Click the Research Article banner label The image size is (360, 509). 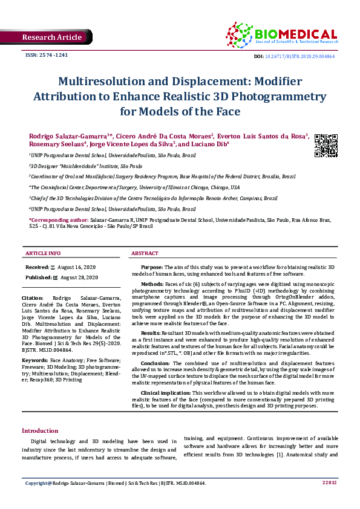click(51, 37)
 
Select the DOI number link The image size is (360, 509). click(301, 56)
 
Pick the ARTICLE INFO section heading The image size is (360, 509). click(43, 253)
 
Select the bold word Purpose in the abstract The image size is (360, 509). click(151, 267)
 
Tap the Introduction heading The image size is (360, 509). click(40, 431)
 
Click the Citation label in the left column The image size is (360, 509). click(31, 299)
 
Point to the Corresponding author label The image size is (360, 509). click(57, 220)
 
